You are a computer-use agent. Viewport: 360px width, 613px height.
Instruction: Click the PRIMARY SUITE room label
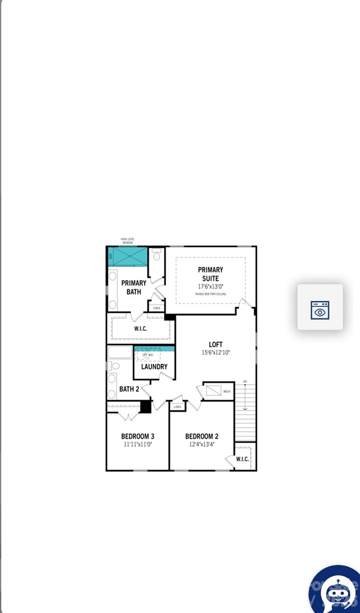[x=210, y=274]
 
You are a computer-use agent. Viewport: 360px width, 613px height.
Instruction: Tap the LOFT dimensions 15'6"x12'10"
[x=216, y=353]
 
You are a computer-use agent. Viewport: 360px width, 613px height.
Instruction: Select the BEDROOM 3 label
[x=138, y=436]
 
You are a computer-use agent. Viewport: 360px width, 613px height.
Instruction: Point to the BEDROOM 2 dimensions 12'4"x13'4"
[x=202, y=444]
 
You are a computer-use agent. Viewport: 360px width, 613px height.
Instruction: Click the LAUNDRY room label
[x=154, y=366]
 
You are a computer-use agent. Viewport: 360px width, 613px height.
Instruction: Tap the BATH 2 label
[x=129, y=389]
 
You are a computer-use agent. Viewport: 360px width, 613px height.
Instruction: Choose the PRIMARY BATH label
[x=134, y=287]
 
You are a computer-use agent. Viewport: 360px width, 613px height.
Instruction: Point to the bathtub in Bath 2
[x=120, y=352]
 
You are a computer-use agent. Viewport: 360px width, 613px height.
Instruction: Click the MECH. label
[x=227, y=392]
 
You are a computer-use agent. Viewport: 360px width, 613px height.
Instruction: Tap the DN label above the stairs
[x=245, y=382]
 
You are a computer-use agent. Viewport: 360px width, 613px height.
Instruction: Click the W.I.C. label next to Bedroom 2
[x=242, y=459]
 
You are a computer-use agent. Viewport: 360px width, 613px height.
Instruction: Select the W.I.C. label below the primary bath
[x=140, y=329]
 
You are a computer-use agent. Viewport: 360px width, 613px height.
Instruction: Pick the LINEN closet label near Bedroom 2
[x=177, y=407]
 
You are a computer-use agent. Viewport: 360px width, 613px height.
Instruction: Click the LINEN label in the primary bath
[x=156, y=308]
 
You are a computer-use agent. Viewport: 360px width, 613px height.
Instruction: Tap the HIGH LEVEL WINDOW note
[x=127, y=241]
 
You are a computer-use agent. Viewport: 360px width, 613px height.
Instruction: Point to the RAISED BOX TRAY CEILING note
[x=210, y=294]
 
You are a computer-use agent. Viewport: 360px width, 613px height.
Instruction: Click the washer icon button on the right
[x=320, y=310]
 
